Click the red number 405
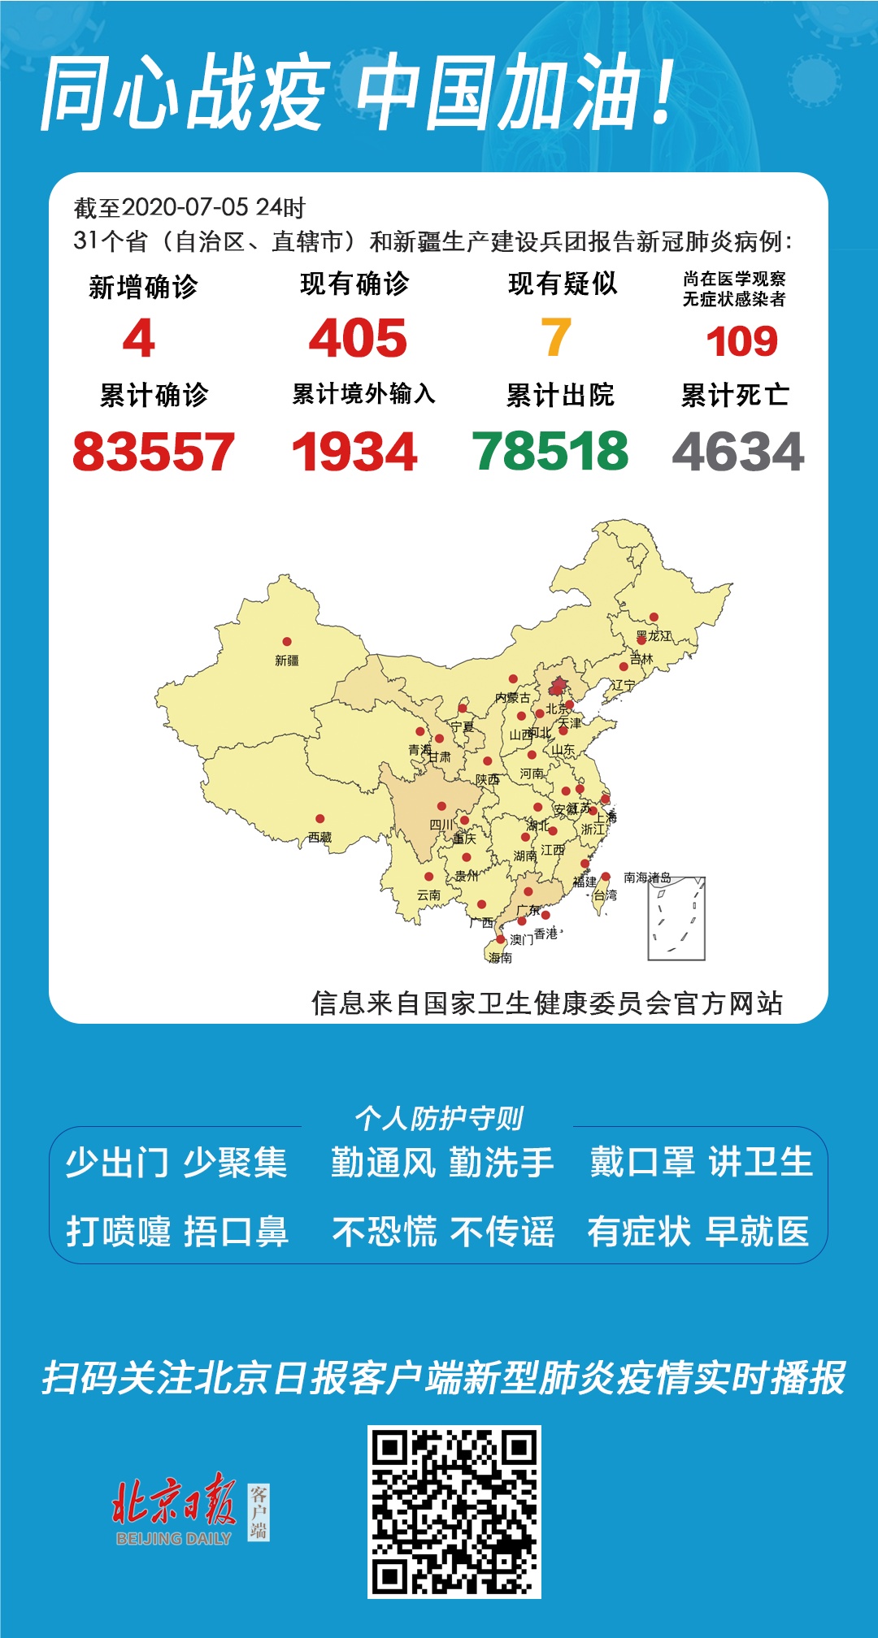(358, 338)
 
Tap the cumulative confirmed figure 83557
(154, 452)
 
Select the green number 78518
(550, 451)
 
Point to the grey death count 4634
(738, 452)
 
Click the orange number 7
(556, 337)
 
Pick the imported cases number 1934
(354, 452)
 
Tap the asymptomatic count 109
(741, 341)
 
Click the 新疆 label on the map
(287, 661)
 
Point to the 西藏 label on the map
(319, 837)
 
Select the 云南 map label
(428, 895)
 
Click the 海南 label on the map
(501, 958)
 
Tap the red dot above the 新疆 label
(287, 642)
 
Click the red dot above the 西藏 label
(320, 819)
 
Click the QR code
(454, 1511)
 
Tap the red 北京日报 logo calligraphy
(174, 1501)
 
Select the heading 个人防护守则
(439, 1118)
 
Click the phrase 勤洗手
(502, 1163)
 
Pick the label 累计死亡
(735, 396)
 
